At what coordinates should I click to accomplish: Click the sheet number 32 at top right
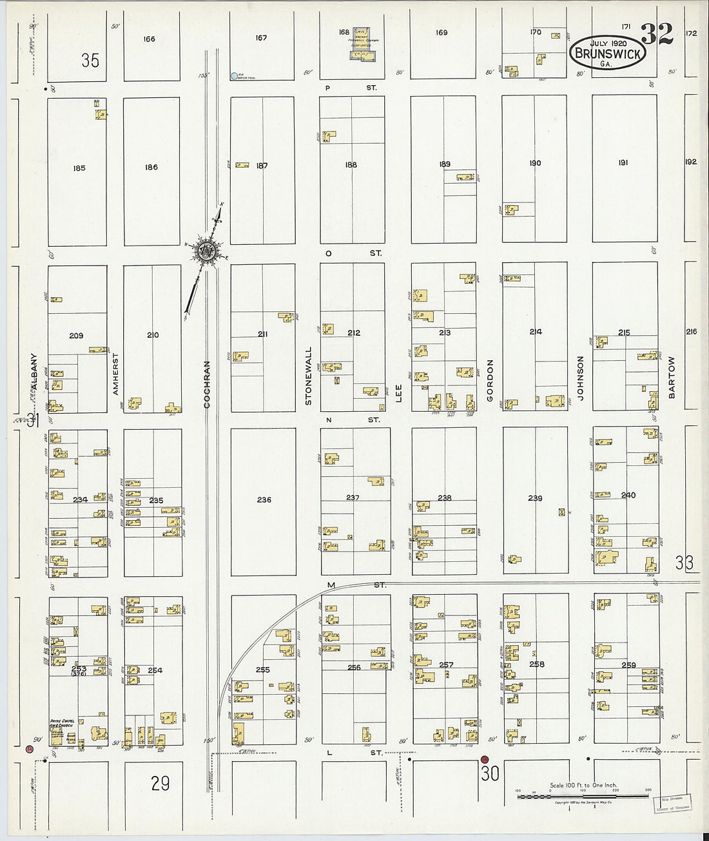657,33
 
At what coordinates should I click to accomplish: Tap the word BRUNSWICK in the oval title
607,54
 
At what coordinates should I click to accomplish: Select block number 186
151,168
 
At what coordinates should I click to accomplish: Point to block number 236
264,499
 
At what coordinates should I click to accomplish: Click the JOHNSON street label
580,378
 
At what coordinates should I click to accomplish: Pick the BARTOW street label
672,377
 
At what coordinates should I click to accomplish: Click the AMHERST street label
116,374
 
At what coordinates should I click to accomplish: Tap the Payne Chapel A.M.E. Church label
64,723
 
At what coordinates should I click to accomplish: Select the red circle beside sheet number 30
485,759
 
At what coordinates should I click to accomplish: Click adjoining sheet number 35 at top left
90,61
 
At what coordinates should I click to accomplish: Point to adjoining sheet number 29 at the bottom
160,783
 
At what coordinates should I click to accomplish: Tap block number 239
535,498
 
